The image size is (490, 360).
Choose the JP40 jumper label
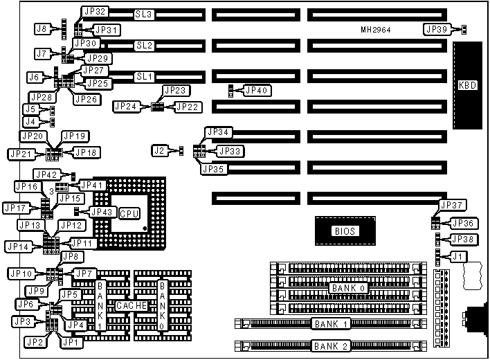coord(256,90)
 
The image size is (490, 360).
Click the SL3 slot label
coord(144,14)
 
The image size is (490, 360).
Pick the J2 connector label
coord(159,150)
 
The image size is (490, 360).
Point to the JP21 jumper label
coord(19,154)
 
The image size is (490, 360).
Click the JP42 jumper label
coord(46,174)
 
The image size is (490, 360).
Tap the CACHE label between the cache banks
coord(131,305)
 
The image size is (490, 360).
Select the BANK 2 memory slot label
coord(331,345)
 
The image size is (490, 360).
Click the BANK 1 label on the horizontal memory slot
coord(331,323)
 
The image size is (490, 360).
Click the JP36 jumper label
coord(463,223)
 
